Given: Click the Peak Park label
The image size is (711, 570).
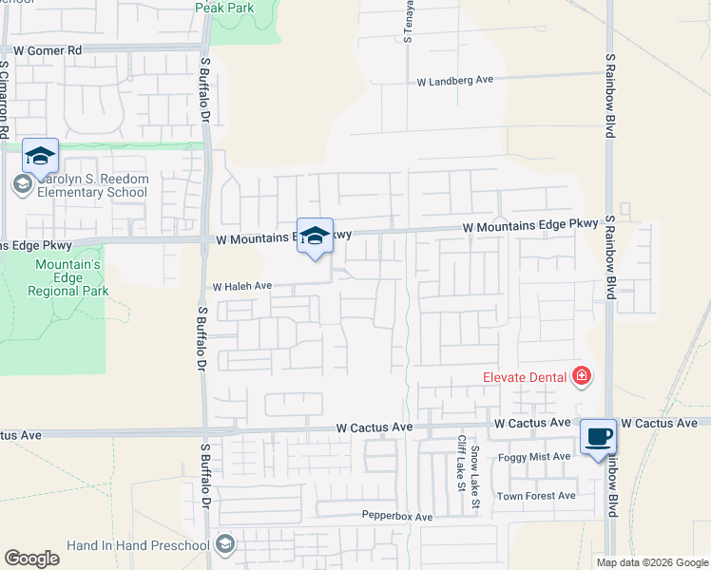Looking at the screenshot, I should click(225, 8).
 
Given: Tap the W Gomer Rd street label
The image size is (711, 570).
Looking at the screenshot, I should click(48, 49).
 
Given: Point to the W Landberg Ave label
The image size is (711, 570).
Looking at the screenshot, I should click(455, 82).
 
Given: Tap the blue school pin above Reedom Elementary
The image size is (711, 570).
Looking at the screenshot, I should click(40, 156).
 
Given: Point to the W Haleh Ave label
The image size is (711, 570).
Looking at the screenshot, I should click(242, 286).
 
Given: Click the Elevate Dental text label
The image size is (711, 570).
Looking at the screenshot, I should click(525, 378).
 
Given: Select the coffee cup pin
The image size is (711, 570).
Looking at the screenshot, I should click(598, 438).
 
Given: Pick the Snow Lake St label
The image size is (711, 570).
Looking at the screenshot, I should click(475, 483).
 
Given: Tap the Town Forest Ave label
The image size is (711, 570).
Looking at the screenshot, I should click(536, 496).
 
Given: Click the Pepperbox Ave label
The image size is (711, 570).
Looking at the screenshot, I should click(397, 517).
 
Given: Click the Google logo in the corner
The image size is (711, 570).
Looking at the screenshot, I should click(31, 559).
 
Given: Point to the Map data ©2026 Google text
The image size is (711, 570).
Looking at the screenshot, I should click(652, 562).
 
